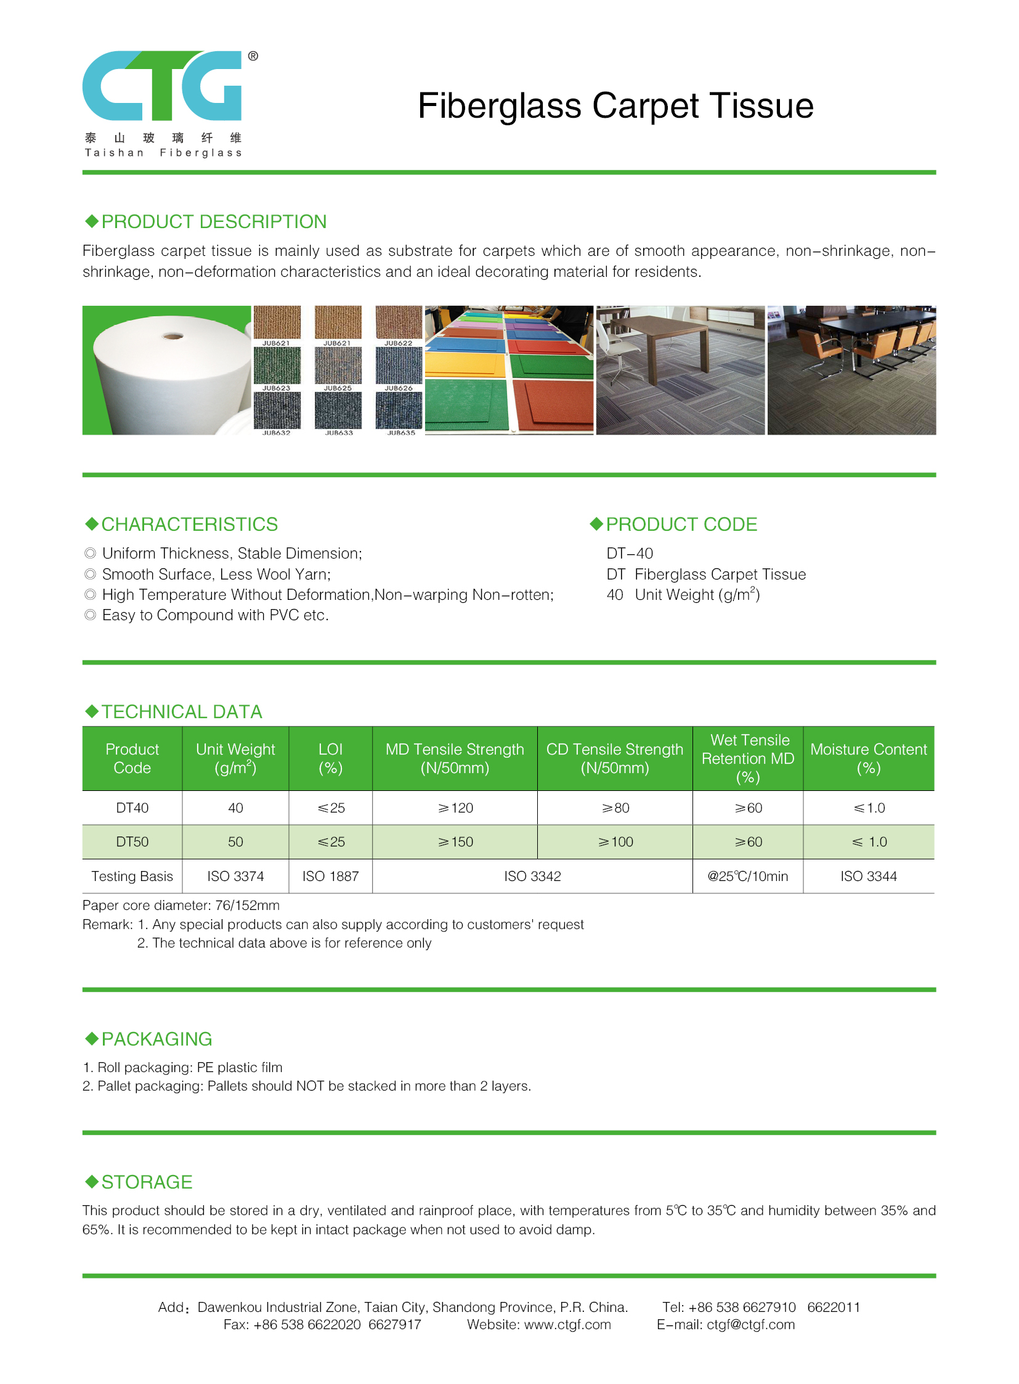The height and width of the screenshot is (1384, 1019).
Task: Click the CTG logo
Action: tap(161, 86)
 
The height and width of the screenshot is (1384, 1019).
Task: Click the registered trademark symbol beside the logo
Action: tap(253, 56)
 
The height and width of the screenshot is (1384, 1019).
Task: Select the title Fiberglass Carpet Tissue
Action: tap(615, 105)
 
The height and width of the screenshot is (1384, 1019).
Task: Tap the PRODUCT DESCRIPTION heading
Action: tap(213, 221)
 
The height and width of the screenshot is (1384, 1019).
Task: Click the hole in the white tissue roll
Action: tap(173, 337)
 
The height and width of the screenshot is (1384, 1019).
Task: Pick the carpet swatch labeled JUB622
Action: tap(399, 322)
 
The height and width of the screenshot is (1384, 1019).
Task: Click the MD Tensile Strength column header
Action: tap(455, 758)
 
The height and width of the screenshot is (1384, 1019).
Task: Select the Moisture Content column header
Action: tap(868, 758)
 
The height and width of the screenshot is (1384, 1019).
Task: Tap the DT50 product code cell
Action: tap(132, 841)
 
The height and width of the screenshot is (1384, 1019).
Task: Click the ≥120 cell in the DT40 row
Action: tap(455, 808)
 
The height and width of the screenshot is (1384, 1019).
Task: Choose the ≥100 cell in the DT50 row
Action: tap(615, 841)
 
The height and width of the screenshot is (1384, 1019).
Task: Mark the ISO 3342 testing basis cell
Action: tap(532, 876)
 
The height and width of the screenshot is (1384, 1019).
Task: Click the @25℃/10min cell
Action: tap(747, 876)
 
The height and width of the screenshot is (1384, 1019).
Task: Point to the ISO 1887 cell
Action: tap(330, 876)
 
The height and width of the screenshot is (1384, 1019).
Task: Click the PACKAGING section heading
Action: tap(156, 1039)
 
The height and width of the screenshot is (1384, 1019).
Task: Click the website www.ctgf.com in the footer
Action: tap(567, 1324)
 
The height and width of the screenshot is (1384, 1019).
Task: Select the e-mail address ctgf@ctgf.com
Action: tap(750, 1324)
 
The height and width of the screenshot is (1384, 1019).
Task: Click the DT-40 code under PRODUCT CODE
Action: tap(629, 553)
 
